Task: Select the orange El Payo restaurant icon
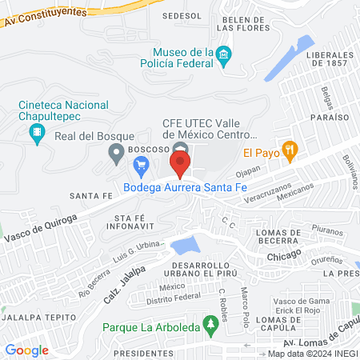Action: click(291, 149)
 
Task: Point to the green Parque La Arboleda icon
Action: click(210, 326)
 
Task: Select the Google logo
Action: click(26, 350)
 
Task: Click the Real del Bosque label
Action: click(86, 136)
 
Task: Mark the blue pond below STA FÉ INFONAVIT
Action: click(186, 244)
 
